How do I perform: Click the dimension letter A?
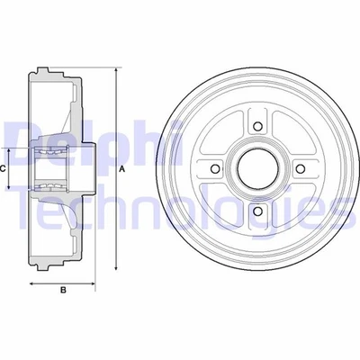coord(123,168)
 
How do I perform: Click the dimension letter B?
coord(63,290)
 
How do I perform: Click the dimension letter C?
coord(4,168)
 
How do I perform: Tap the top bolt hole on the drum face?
coord(256,126)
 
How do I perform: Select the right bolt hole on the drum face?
coord(300,169)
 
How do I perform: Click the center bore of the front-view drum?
coord(256,169)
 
